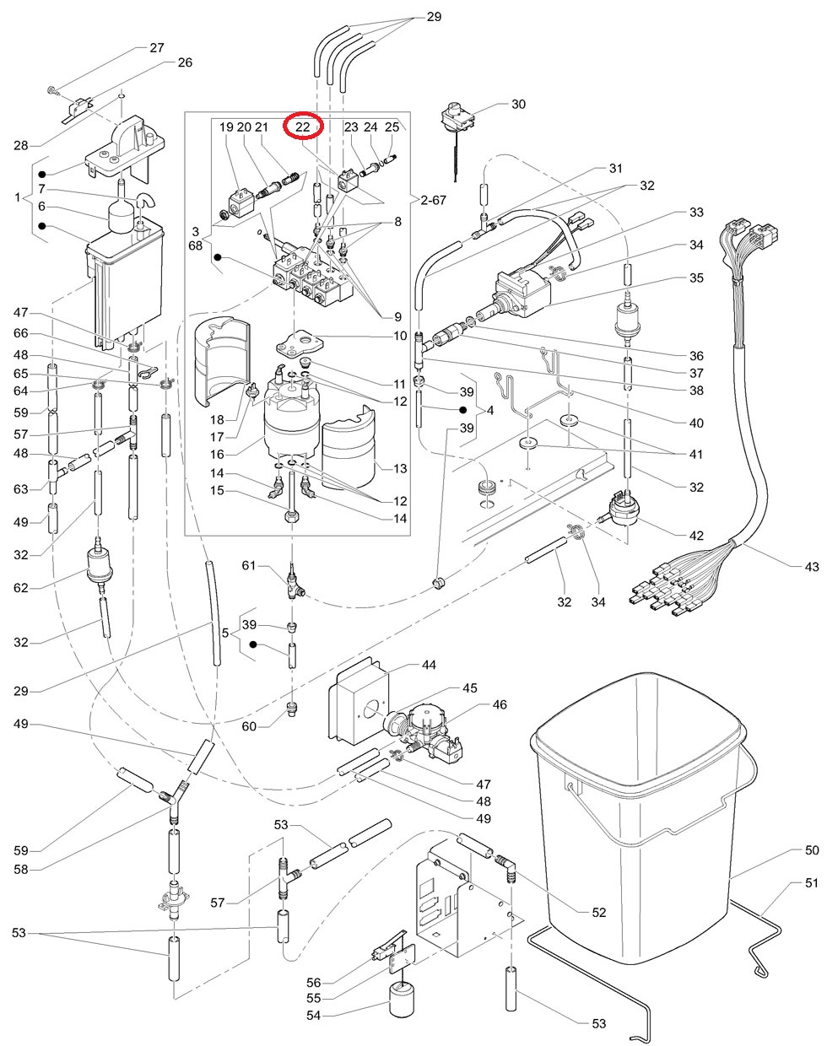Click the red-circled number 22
[303, 127]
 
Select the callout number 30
[518, 105]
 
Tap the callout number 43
[811, 567]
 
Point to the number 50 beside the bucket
[811, 850]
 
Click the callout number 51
[811, 883]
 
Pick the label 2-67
[435, 199]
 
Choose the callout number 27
[157, 48]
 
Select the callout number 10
[400, 336]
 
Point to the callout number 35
[695, 278]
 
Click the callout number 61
[248, 565]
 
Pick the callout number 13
[400, 468]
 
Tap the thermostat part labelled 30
[459, 118]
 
